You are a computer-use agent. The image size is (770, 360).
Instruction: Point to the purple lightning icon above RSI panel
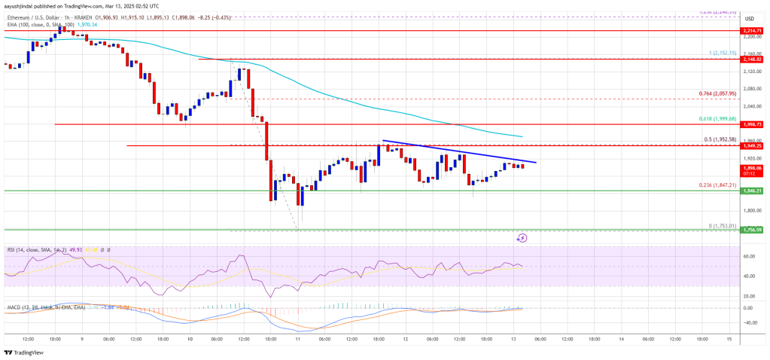click(x=522, y=237)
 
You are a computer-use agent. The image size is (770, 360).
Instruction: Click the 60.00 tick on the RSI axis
click(x=748, y=257)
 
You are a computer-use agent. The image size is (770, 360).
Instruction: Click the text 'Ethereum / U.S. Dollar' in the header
click(x=36, y=14)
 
